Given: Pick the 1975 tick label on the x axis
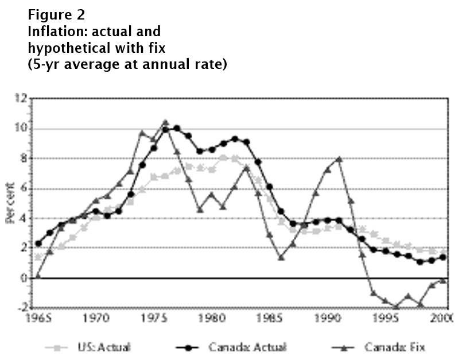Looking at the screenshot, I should point(153,318).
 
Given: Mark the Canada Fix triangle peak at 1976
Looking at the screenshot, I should point(165,122).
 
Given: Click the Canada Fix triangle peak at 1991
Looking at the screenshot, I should point(339,159).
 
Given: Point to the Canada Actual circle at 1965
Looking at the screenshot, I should point(38,243).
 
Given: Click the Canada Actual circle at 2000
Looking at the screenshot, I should point(443,257).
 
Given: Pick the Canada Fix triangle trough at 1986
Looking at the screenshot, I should point(281,257).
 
